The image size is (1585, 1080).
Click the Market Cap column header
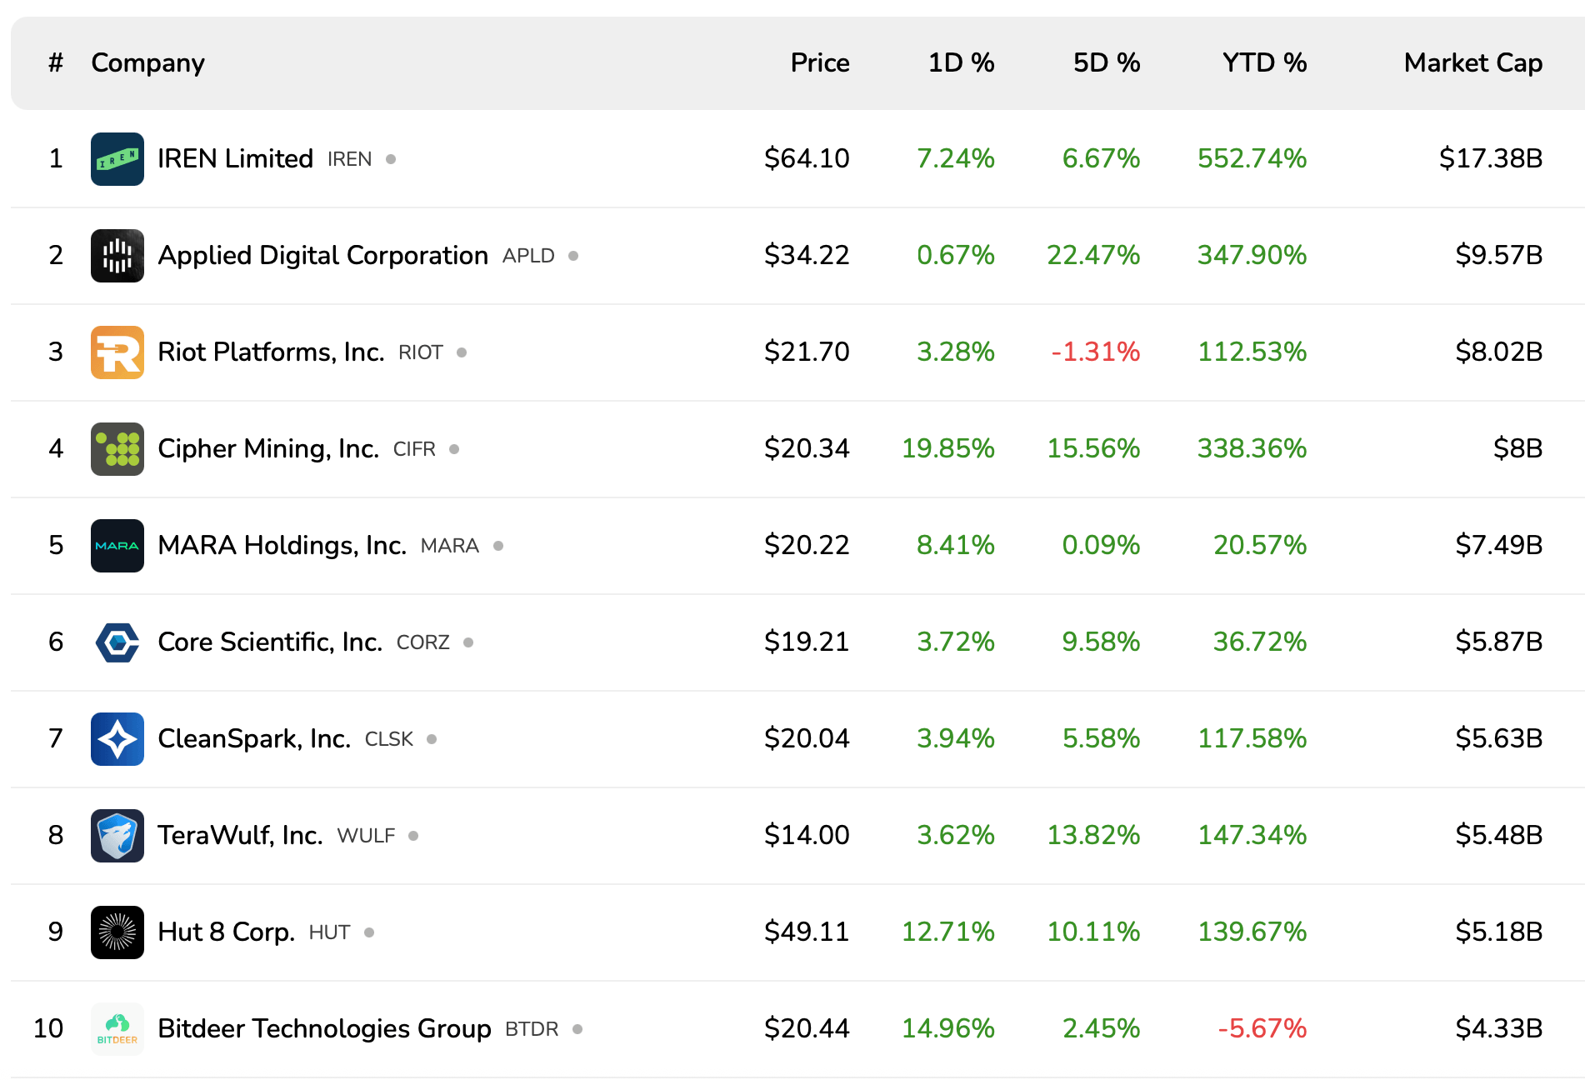(1472, 63)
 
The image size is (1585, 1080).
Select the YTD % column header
(1264, 63)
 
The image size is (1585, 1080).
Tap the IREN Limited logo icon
(117, 159)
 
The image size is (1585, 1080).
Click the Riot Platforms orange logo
(117, 352)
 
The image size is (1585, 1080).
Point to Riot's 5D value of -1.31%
(1095, 352)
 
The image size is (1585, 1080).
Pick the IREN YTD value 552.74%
(1252, 159)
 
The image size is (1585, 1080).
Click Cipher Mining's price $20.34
(807, 449)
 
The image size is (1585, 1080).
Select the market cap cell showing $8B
(1517, 449)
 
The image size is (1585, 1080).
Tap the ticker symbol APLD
(528, 257)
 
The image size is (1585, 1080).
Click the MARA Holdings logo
(117, 546)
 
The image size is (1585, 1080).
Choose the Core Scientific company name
(270, 642)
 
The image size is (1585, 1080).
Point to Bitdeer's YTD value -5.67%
(1262, 1029)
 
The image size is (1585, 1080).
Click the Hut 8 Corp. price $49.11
(807, 932)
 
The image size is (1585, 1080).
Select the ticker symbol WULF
(366, 837)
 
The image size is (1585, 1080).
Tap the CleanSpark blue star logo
(117, 739)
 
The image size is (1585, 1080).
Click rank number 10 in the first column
(48, 1029)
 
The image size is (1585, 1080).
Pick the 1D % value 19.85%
(947, 449)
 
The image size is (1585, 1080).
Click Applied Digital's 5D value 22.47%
(1093, 256)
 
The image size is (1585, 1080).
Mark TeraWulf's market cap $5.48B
(1498, 836)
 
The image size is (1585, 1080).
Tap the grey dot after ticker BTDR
(577, 1030)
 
